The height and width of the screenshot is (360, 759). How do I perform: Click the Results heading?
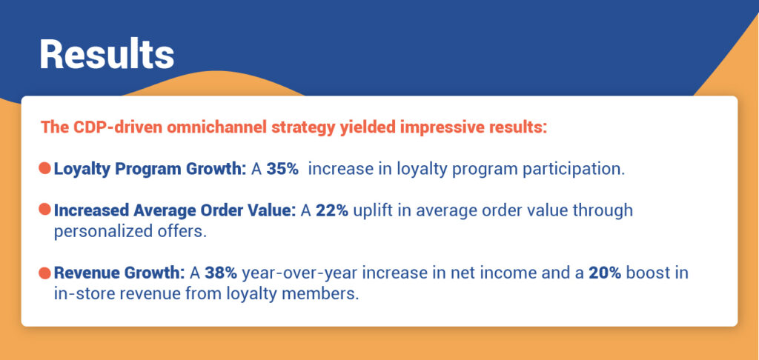pos(107,54)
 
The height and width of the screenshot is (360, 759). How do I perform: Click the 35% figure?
pos(282,168)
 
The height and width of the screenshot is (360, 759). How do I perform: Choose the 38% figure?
pos(222,273)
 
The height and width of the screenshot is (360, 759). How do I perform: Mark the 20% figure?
pos(604,273)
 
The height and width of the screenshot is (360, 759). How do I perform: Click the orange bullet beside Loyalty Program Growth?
pos(44,168)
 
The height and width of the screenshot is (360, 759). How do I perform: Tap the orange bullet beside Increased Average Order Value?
pos(44,210)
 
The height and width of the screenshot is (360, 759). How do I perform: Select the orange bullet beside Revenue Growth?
pos(44,273)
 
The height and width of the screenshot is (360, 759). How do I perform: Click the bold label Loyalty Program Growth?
pos(150,168)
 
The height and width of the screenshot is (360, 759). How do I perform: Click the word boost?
pos(648,273)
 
